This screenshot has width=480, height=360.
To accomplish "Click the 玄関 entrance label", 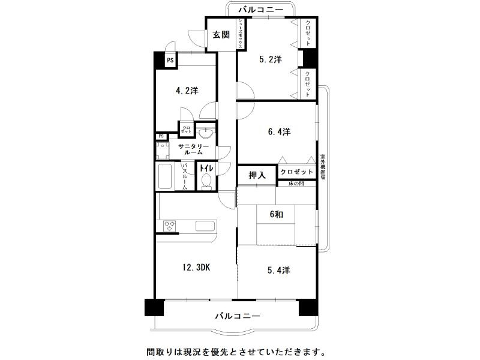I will pos(221,35).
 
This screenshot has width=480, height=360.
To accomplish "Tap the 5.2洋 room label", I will pos(270,59).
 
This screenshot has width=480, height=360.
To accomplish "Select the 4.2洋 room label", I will pos(187,91).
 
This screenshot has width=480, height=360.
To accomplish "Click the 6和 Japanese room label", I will pos(276,214).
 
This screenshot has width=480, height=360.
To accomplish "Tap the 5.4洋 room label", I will pos(278,271).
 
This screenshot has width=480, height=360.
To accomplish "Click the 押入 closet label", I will pos(257,175).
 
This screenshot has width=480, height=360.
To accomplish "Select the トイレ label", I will pos(206,169).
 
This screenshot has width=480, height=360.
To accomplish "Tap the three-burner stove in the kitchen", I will pos(170,226).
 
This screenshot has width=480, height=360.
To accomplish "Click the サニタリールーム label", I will pos(193,149).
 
